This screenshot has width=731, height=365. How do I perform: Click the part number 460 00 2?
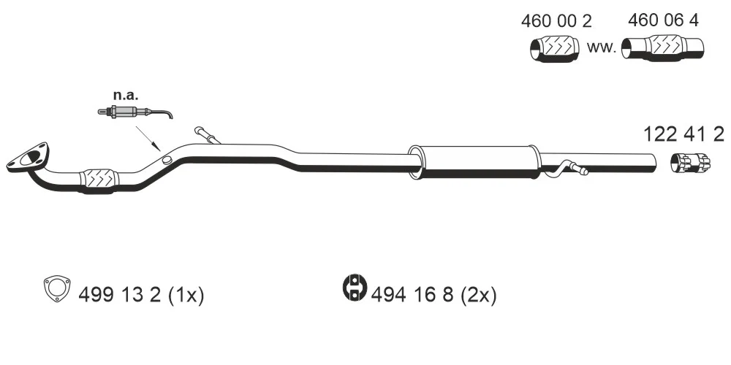[556, 21]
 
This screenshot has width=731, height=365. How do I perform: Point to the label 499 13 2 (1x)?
[141, 295]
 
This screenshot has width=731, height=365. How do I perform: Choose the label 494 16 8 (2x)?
[434, 295]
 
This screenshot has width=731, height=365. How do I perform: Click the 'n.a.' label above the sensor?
[126, 96]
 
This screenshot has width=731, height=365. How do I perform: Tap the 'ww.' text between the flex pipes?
[602, 47]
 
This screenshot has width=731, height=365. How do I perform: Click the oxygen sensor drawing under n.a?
[135, 112]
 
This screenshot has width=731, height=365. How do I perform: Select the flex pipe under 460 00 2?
[555, 48]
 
